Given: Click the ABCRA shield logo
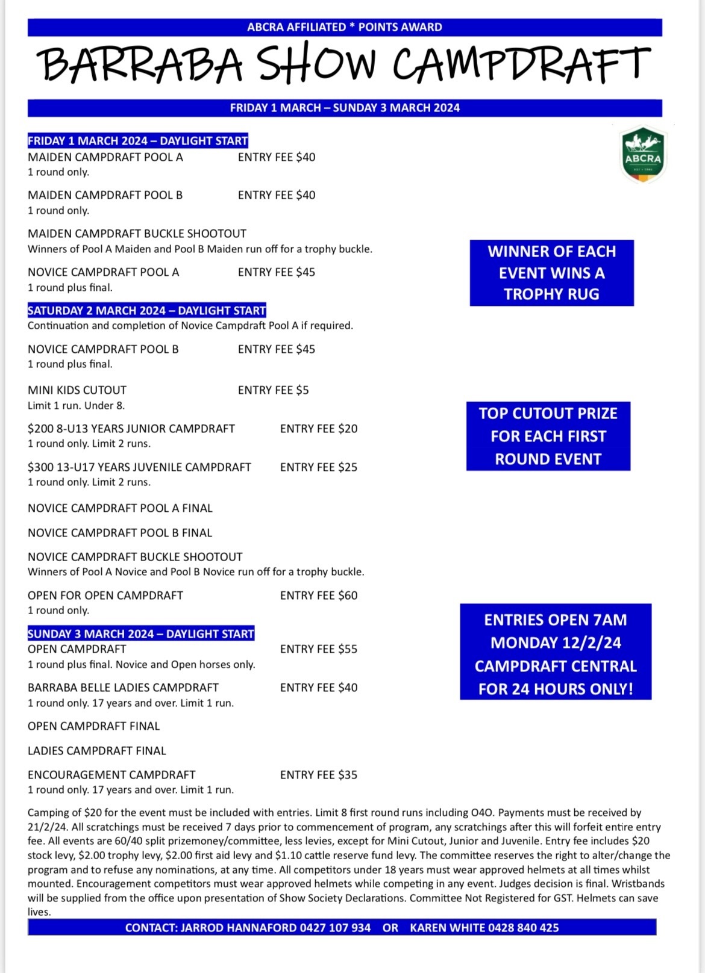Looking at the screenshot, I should (643, 154).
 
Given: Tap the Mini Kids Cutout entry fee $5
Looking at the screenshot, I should (274, 390).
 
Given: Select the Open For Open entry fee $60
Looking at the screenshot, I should (319, 595).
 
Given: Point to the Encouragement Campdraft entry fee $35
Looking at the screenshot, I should (319, 775).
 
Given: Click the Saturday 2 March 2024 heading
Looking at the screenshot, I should (146, 311).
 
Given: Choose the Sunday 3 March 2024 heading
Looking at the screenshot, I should (141, 634).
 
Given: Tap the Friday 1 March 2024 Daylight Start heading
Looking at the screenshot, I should (137, 141).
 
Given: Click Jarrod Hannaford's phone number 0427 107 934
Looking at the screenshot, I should (335, 928).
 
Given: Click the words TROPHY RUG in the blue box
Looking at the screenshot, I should (551, 294).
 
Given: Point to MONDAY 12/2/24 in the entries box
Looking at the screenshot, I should (555, 643).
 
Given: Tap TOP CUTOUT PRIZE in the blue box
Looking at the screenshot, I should (548, 414).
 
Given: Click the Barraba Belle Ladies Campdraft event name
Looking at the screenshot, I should (123, 688).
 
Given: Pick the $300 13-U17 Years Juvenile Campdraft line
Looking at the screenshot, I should (139, 467).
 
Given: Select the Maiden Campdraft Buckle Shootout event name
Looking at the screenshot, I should (137, 234).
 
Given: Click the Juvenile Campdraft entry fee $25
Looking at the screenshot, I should (319, 467).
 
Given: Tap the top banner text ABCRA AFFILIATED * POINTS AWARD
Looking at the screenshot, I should (344, 27).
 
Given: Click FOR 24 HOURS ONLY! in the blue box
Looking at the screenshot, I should (555, 689).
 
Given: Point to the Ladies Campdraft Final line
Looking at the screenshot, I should (96, 751).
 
